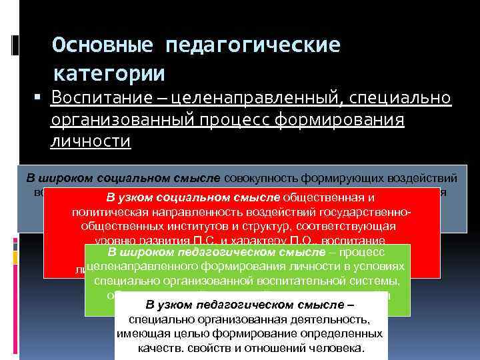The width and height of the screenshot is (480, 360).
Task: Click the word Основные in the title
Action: pyautogui.click(x=103, y=45)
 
